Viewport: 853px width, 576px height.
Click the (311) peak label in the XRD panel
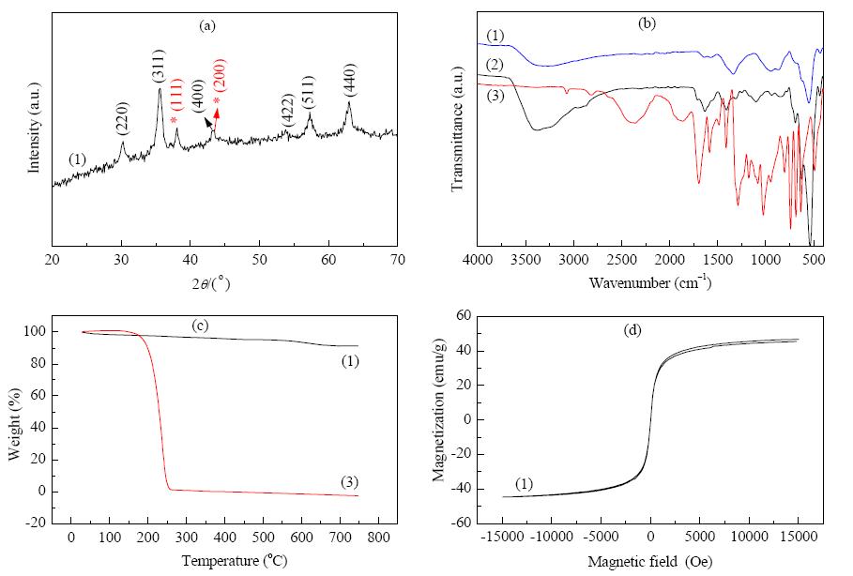coord(159,67)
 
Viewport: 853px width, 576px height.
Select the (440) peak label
coord(349,80)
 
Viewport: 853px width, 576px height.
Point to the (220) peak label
coord(122,118)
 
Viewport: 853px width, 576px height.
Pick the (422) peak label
coord(287,111)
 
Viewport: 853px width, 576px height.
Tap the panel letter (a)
coord(207,25)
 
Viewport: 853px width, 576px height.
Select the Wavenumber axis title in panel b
coord(650,282)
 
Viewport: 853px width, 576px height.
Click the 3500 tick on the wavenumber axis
coord(526,260)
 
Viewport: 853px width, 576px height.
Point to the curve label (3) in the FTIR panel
coord(495,96)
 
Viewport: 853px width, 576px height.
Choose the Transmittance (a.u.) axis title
coord(458,129)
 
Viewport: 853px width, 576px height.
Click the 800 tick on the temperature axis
coord(378,537)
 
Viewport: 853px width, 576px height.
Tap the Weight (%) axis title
coord(15,424)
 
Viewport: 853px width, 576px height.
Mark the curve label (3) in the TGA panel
coord(349,482)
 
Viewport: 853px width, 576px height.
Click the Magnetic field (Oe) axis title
coord(650,561)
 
